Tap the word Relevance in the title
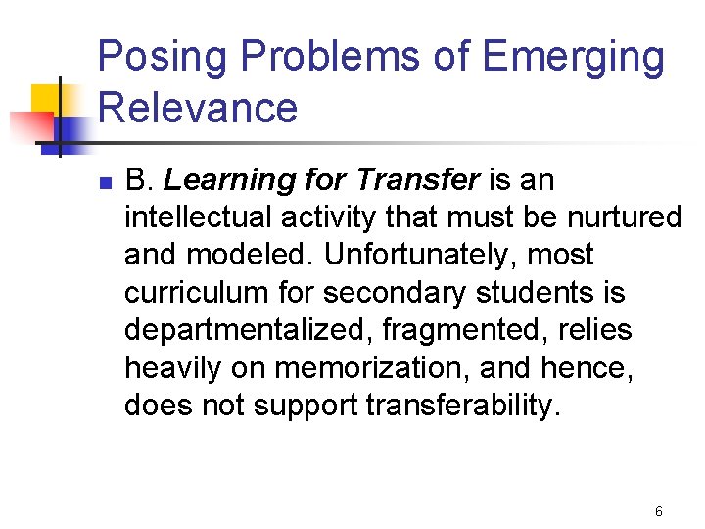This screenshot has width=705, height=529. tap(198, 107)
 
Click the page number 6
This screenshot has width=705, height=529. tap(659, 511)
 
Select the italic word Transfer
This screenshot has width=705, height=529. tap(418, 180)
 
